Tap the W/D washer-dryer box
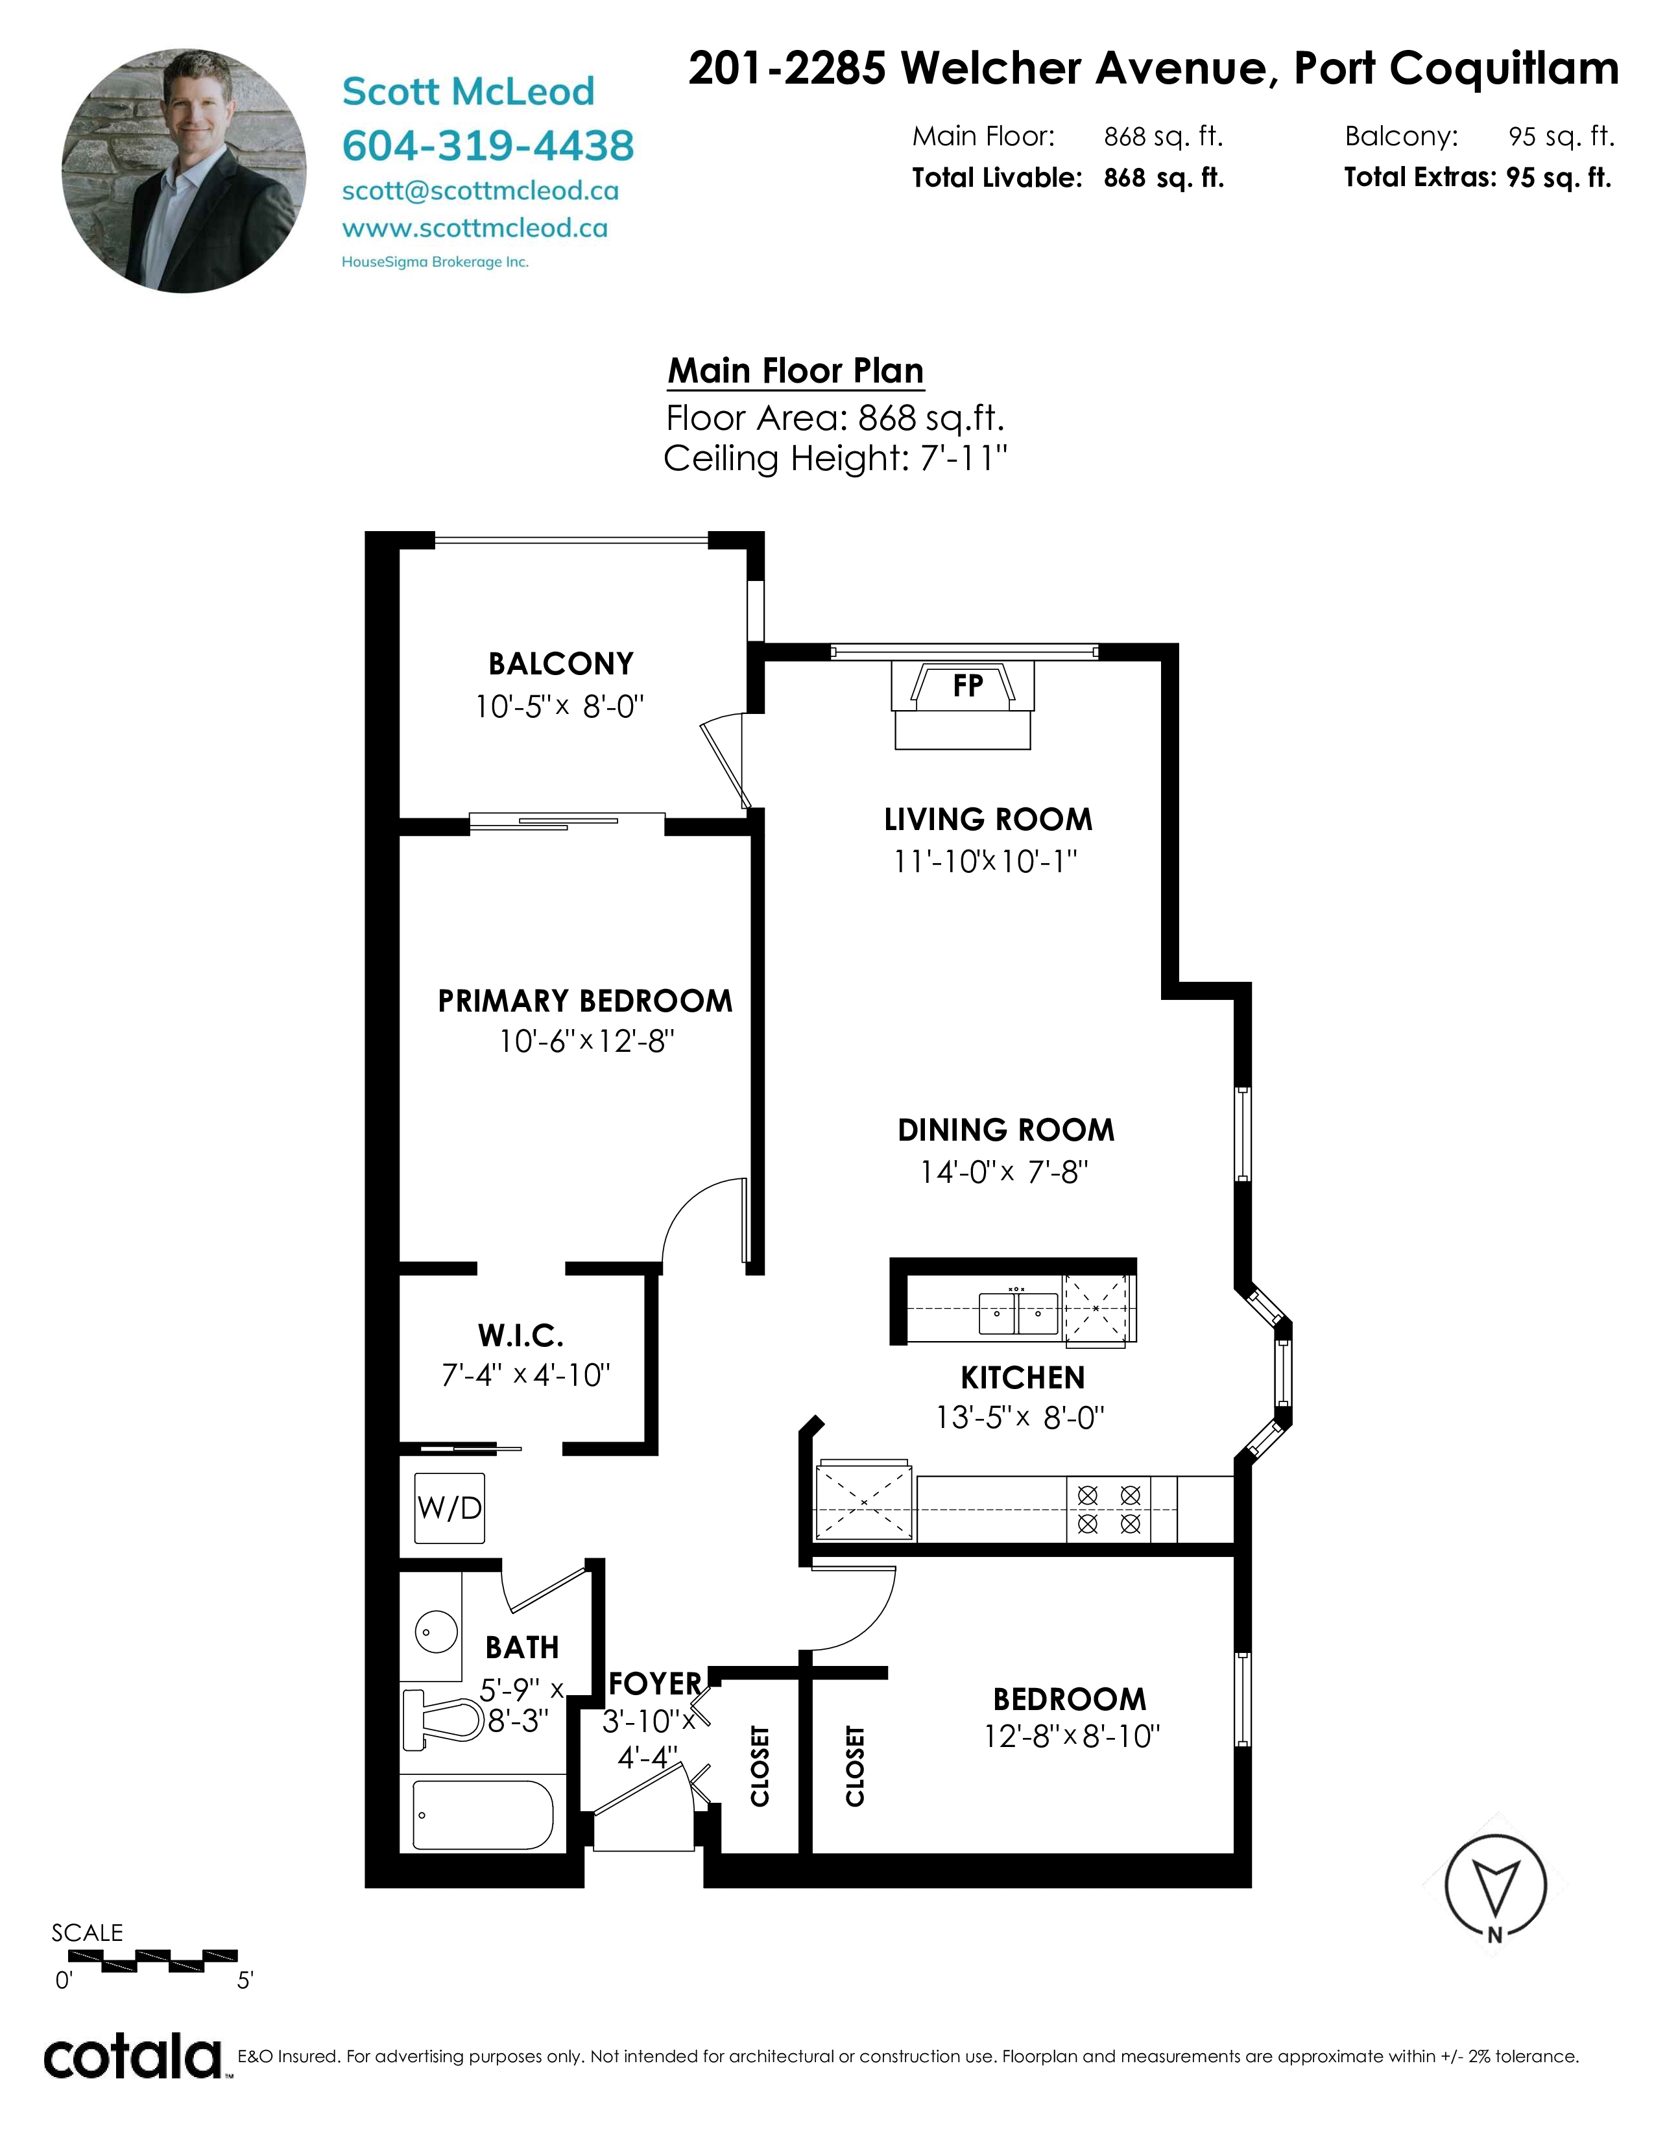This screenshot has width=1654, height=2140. pos(449,1507)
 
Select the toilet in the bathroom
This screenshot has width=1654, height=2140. pos(443,1720)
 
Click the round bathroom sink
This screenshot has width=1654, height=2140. pos(430,1632)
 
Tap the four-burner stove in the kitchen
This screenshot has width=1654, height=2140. pos(1109,1509)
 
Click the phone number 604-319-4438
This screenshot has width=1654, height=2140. pos(488,146)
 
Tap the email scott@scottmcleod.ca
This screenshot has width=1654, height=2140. pos(480,191)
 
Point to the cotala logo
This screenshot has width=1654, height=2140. pos(133,2057)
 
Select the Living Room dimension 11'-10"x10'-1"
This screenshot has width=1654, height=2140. pos(986,861)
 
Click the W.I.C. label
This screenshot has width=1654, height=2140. pos(520,1335)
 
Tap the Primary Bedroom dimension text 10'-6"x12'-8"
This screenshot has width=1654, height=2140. pos(586,1041)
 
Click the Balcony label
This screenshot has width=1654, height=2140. pos(560,663)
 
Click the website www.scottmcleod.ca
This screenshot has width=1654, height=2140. pos(475,228)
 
